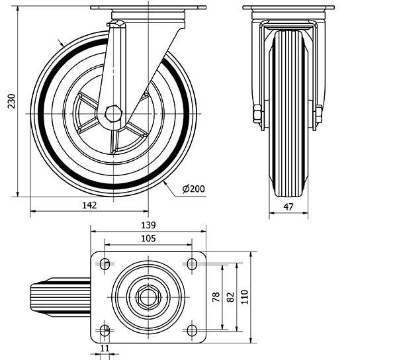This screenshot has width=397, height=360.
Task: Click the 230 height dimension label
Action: pos(11,101)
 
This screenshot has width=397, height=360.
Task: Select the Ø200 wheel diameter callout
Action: pos(193,189)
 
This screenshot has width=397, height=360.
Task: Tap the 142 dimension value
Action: pos(89,205)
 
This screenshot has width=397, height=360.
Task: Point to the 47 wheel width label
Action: pos(288,207)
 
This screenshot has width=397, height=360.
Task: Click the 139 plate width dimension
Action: pos(148,225)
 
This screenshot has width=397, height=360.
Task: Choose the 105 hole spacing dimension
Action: pos(148,238)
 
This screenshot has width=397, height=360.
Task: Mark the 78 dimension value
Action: pos(216,296)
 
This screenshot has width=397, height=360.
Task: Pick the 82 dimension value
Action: pos(231,297)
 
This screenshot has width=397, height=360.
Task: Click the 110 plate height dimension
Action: pos(245,297)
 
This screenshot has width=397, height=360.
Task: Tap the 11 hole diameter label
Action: pos(105,348)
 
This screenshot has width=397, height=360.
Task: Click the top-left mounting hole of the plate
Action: pos(105,264)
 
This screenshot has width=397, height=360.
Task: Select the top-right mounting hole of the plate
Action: pos(192,264)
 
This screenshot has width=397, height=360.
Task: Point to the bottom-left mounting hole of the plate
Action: pos(105,330)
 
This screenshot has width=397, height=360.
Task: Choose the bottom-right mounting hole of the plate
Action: pos(192,330)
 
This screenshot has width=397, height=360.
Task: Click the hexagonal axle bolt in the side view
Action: pos(114,114)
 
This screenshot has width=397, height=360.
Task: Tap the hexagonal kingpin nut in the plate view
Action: pos(148,297)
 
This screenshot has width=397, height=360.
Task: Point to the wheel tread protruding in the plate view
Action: pos(61,297)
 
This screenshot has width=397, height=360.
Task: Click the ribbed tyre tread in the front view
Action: pos(288,113)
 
